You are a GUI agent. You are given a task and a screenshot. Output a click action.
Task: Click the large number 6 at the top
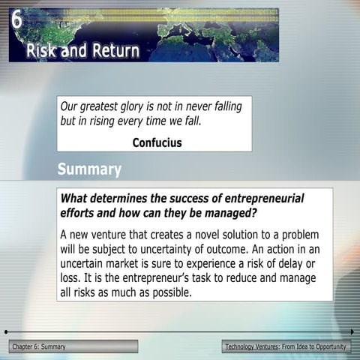pos(16,19)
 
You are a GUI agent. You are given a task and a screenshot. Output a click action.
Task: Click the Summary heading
pos(89,169)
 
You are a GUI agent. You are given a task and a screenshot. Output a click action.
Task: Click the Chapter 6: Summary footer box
pos(73,346)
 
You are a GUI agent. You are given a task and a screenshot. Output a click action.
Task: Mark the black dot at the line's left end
pos(6,331)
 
